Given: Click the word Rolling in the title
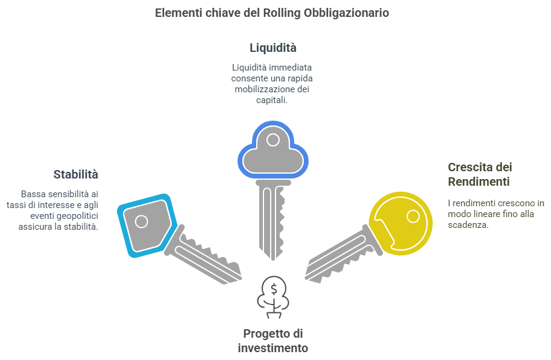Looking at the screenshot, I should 280,13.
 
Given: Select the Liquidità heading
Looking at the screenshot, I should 272,47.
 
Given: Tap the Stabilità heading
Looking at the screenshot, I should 75,175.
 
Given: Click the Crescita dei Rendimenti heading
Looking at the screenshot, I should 479,174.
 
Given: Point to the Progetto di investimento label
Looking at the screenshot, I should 272,341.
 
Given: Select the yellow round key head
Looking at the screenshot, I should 401,223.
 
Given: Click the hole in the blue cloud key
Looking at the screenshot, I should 272,141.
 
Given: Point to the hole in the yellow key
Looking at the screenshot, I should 413,215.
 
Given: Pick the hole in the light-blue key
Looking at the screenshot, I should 141,221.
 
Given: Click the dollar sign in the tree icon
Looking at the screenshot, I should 274,289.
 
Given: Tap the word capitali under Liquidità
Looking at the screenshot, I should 271,101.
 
